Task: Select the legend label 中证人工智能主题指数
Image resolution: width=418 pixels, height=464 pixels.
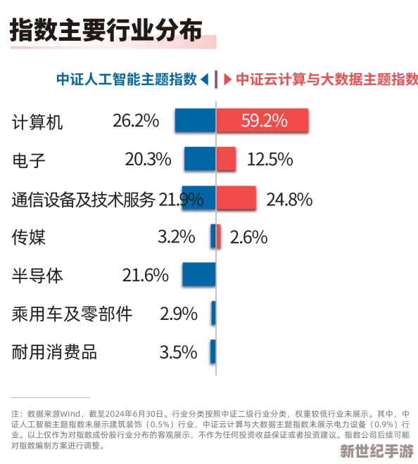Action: pyautogui.click(x=127, y=79)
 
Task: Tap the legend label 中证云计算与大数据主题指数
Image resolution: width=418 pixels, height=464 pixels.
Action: pyautogui.click(x=327, y=79)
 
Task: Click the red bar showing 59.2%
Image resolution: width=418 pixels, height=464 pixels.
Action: pyautogui.click(x=262, y=121)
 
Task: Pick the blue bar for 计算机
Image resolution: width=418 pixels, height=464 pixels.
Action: pyautogui.click(x=195, y=121)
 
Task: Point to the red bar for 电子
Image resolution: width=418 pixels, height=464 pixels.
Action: pyautogui.click(x=226, y=160)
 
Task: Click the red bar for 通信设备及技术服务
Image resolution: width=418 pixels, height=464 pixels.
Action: pyautogui.click(x=236, y=199)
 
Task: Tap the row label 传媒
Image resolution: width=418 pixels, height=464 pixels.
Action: pyautogui.click(x=29, y=237)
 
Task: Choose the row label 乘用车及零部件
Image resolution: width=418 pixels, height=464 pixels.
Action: pyautogui.click(x=72, y=314)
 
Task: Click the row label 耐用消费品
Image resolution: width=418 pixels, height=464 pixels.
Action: pyautogui.click(x=54, y=352)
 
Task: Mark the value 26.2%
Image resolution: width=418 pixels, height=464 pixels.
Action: pyautogui.click(x=136, y=121)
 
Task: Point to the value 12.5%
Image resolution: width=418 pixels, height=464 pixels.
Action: pyautogui.click(x=270, y=160)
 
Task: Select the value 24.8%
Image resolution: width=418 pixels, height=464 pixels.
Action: pyautogui.click(x=289, y=199)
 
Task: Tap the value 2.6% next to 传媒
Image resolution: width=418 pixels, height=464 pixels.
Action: pyautogui.click(x=248, y=237)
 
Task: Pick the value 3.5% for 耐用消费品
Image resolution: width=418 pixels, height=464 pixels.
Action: pyautogui.click(x=178, y=352)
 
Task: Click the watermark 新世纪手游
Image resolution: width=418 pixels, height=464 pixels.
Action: pyautogui.click(x=376, y=451)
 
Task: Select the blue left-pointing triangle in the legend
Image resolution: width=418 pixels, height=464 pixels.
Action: pyautogui.click(x=204, y=79)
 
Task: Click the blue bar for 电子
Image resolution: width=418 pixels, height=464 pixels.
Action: pyautogui.click(x=200, y=160)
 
